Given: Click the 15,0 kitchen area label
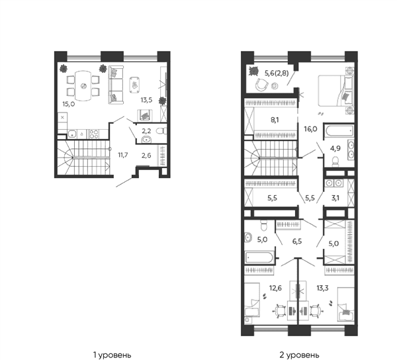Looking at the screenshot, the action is coord(68,104).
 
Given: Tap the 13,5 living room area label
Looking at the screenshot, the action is coord(146,100).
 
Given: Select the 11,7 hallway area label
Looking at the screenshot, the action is coord(123,155).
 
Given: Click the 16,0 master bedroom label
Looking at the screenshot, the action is coord(310,129).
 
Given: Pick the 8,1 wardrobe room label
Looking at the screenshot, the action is coord(275,120).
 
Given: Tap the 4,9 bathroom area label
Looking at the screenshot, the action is coord(335,148).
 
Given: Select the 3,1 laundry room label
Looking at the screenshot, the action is coord(335,198).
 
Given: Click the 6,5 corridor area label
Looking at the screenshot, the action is coord(297,241).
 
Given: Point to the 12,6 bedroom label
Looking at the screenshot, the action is coord(275,288).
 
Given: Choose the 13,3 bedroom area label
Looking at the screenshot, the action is coord(322,288).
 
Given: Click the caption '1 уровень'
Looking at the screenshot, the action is coord(112,355).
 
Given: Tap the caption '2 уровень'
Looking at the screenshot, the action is coord(299,355).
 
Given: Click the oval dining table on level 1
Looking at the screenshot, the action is coord(83,86).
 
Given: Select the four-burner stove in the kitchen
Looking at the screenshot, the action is coord(94,134).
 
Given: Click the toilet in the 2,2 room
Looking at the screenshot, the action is coord(161,131).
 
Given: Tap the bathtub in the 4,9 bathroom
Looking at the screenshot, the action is coord(339,130).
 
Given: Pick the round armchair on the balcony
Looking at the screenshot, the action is coord(261,85).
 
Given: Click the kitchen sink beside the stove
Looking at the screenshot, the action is coord(73,134).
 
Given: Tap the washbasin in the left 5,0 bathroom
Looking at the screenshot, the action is coord(248,238).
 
